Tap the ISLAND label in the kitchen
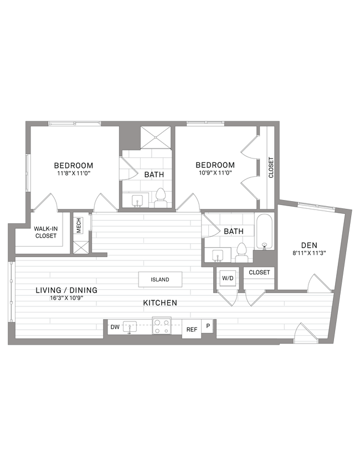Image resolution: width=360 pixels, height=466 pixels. pos(160,280)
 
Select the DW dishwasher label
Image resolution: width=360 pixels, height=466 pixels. pos(115,327)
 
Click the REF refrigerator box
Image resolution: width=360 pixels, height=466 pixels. pos(192,329)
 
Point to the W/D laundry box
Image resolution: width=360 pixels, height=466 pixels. pos(228,278)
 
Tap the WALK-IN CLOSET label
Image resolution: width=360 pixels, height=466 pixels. pos(45,232)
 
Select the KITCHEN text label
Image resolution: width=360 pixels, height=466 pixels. pos(160,303)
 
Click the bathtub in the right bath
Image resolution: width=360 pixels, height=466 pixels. pos(265,232)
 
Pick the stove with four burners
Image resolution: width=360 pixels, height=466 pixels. pos(161,326)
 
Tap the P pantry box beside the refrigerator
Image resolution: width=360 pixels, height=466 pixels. pos(208,326)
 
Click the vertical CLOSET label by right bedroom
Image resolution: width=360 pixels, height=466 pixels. pos(271,168)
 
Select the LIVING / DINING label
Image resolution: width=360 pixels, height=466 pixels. pos(66,290)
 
